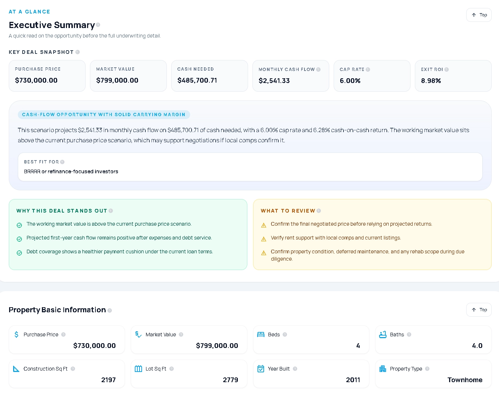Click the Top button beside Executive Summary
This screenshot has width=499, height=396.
pos(479,15)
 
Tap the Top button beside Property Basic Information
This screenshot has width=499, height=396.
pos(479,310)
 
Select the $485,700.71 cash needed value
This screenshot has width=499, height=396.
pos(197,80)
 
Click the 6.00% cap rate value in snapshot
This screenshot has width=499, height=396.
pos(350,81)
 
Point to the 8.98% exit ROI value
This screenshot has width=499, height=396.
pos(431,81)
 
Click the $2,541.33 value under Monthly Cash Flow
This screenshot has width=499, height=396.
pos(274,81)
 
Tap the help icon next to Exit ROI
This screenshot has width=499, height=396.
pos(447,70)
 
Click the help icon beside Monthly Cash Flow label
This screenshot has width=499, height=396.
pos(318,70)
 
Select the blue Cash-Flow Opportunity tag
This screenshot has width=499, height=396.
pos(104,115)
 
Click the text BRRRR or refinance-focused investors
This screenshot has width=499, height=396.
pos(71,171)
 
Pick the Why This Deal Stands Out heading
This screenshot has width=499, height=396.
pos(62,211)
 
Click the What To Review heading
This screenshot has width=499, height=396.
pos(288,211)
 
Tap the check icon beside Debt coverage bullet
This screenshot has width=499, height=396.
pos(19,253)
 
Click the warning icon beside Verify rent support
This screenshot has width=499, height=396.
pos(264,239)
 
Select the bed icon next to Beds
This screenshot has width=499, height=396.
pos(261,334)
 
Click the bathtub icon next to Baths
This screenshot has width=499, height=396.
pos(383,334)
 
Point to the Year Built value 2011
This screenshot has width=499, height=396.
pos(353,380)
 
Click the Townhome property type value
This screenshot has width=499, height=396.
pos(465,380)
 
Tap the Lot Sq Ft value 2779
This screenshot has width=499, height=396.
pos(230,380)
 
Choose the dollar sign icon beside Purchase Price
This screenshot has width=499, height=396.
pos(16,334)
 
